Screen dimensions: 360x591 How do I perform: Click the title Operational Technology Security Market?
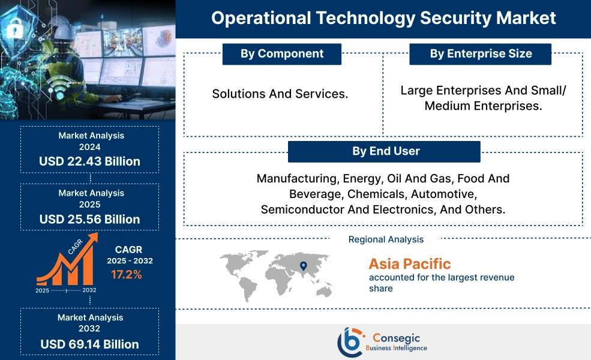pos(383,18)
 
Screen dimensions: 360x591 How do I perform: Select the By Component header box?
pos(282,54)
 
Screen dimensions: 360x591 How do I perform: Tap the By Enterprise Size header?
pos(481,54)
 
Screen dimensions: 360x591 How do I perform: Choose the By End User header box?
pos(384,152)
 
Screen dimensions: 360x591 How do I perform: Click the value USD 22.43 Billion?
pos(90,161)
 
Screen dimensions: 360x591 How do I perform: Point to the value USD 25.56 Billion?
pos(90,219)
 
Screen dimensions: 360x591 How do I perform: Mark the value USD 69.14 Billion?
pos(90,344)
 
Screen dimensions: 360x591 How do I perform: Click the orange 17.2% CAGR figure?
pos(126,275)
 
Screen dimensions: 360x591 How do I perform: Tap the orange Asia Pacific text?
pos(410,264)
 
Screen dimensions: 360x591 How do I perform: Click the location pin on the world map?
pos(303,266)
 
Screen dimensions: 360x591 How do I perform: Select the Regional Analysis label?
pos(386,239)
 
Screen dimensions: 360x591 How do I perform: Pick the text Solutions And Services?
pos(280,94)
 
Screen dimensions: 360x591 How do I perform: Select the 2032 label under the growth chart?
pos(88,290)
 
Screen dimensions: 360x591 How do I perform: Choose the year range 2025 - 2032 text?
pos(130,261)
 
